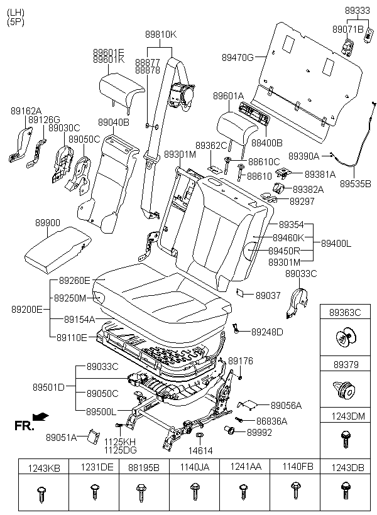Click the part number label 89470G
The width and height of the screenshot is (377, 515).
tap(237, 57)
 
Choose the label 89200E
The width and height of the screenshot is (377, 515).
tap(26, 309)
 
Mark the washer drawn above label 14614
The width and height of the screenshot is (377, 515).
tap(199, 435)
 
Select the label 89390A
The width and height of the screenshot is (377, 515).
tap(304, 156)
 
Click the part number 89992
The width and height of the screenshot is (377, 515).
tap(259, 432)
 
